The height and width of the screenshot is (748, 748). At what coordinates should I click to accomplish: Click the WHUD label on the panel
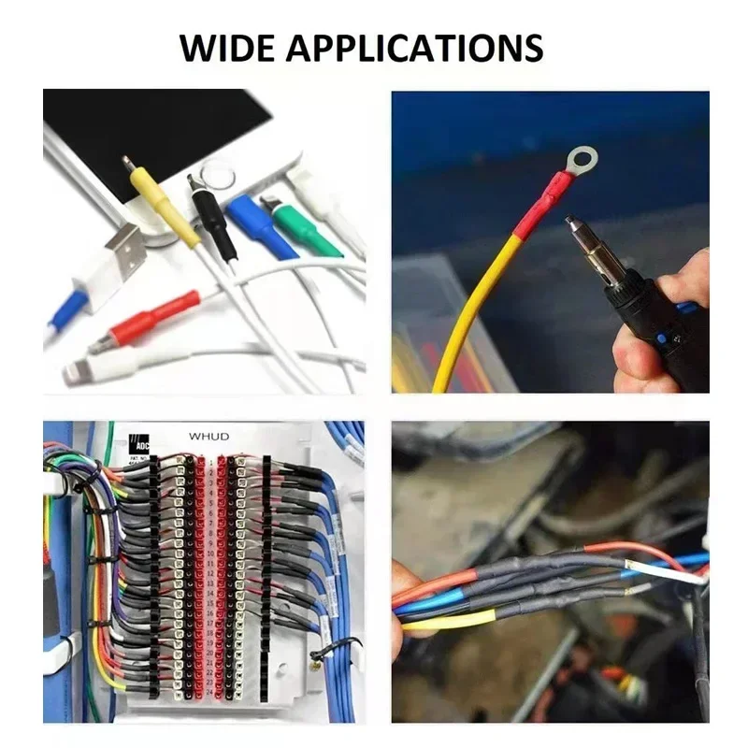(209, 436)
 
